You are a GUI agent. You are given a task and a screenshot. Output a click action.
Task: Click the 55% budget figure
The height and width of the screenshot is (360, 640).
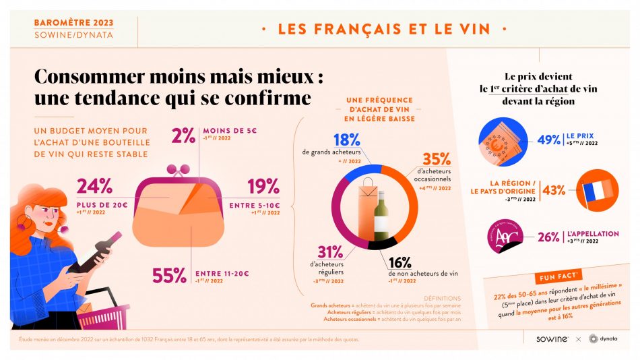point(169,275)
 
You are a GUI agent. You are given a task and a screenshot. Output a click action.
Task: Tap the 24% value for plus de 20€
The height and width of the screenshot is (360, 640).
point(94,187)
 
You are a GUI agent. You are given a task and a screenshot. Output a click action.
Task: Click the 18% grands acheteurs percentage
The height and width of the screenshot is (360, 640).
point(347,141)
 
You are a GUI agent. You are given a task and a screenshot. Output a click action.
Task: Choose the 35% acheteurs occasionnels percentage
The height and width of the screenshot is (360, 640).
point(436,160)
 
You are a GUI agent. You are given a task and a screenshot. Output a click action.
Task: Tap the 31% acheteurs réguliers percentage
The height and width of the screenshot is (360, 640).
point(329,252)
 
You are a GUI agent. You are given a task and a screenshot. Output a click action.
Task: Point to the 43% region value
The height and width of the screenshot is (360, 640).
point(553,189)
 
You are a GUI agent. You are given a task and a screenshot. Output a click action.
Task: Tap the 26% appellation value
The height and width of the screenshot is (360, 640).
point(548,237)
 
